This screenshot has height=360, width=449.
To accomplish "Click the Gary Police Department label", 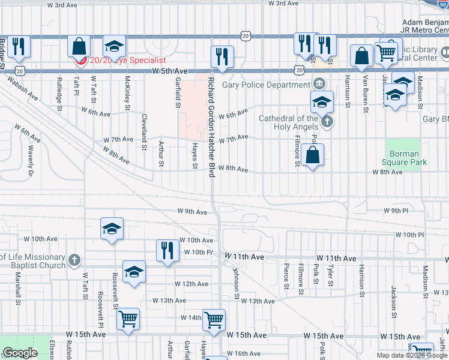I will [x=267, y=85].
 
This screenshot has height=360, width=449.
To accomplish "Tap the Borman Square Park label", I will [x=404, y=158].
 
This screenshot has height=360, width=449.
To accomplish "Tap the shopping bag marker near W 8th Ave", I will [x=313, y=156].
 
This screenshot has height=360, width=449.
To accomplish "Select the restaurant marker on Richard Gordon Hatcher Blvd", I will [x=222, y=56].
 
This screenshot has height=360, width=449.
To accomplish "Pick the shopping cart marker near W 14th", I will [x=214, y=320].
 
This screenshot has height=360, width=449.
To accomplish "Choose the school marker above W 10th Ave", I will [x=112, y=229].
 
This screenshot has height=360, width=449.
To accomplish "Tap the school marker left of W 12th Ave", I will [x=134, y=272].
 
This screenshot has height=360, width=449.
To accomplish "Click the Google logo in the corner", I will [x=20, y=353].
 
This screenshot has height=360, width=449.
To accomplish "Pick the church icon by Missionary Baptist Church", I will [x=74, y=260].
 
